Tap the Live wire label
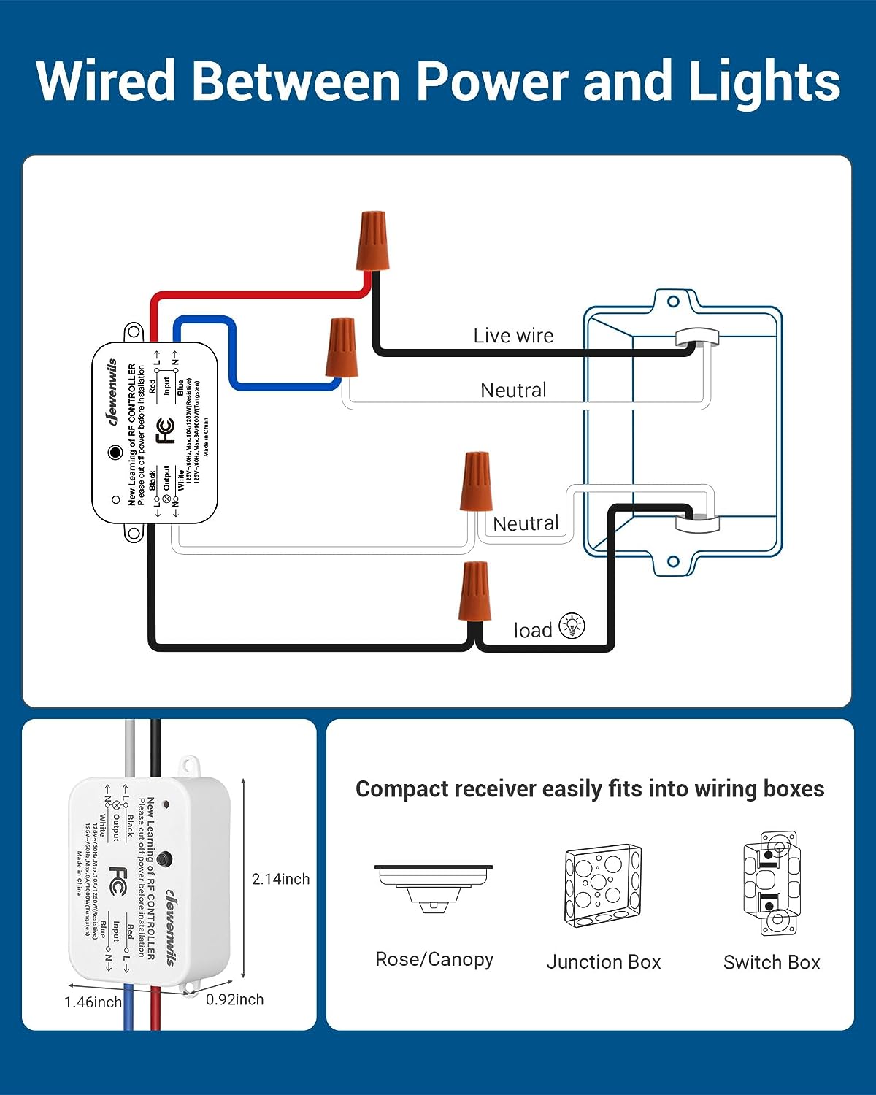[513, 336]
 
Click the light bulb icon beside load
[572, 626]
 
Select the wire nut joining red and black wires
[372, 241]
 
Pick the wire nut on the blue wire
[341, 347]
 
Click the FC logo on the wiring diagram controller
[166, 431]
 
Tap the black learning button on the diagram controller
[115, 453]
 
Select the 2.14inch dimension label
[280, 879]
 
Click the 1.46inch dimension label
[93, 1002]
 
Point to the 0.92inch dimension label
[234, 999]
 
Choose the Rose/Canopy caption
[434, 959]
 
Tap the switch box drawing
[772, 883]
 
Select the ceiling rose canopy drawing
[434, 885]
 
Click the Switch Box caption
[772, 963]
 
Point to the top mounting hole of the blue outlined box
[673, 301]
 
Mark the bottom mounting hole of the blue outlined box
[673, 561]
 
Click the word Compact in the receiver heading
[401, 789]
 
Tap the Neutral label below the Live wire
[513, 391]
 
